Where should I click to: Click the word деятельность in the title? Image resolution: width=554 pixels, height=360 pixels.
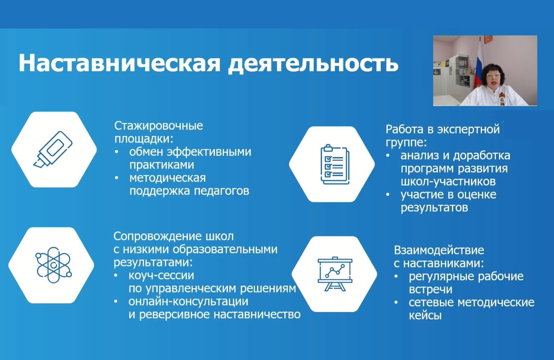[x=313, y=64]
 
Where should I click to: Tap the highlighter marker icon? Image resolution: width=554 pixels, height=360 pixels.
[x=53, y=149]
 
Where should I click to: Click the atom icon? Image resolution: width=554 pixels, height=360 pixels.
[x=53, y=265]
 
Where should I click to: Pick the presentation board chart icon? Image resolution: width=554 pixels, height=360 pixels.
[x=335, y=274]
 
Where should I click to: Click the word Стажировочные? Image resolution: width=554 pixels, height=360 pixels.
[x=159, y=126]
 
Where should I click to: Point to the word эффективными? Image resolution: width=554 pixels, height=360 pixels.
[x=209, y=152]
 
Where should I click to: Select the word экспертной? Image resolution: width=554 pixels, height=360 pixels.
[x=469, y=129]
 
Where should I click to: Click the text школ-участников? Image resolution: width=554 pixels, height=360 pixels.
[x=448, y=181]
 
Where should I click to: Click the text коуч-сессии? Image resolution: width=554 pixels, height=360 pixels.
[x=161, y=276]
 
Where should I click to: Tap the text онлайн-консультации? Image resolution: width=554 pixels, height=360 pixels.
[x=188, y=301]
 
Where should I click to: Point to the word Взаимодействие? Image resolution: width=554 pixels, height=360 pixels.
[x=439, y=250]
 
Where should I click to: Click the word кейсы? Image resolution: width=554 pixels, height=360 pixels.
[x=425, y=316]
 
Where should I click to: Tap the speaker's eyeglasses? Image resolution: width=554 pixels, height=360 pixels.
[x=491, y=75]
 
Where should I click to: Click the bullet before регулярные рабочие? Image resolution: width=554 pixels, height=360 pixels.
[x=396, y=277]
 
